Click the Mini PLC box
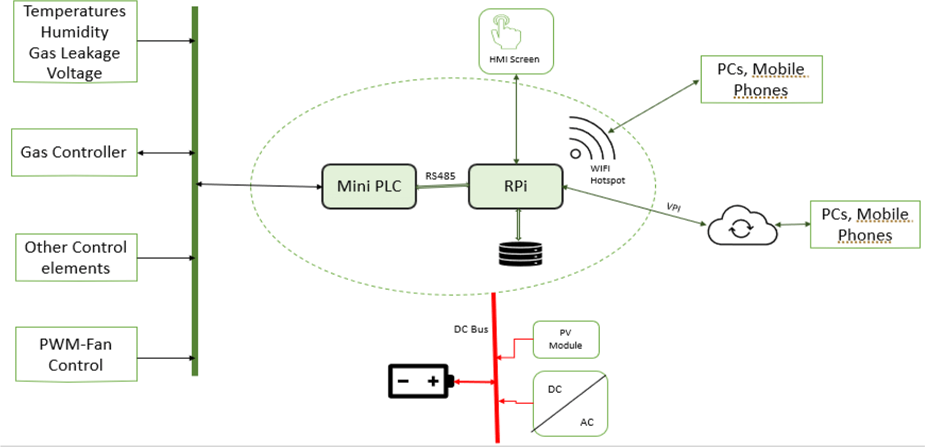pyautogui.click(x=369, y=187)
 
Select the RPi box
pyautogui.click(x=515, y=187)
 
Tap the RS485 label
pyautogui.click(x=440, y=176)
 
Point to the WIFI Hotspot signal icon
pyautogui.click(x=591, y=138)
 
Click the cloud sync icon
pyautogui.click(x=741, y=227)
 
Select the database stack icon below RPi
pyautogui.click(x=520, y=254)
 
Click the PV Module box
pyautogui.click(x=566, y=339)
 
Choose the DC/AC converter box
pyautogui.click(x=570, y=404)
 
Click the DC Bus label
pyautogui.click(x=470, y=329)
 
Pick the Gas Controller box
pyautogui.click(x=74, y=152)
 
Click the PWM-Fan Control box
pyautogui.click(x=76, y=354)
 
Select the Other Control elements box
pyautogui.click(x=76, y=257)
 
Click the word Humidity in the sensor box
pyautogui.click(x=75, y=32)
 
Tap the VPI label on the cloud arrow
pyautogui.click(x=673, y=207)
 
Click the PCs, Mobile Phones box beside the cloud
pyautogui.click(x=865, y=225)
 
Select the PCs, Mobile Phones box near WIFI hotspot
pyautogui.click(x=761, y=79)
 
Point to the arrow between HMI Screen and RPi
pyautogui.click(x=516, y=119)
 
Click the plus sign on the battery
pyautogui.click(x=433, y=381)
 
